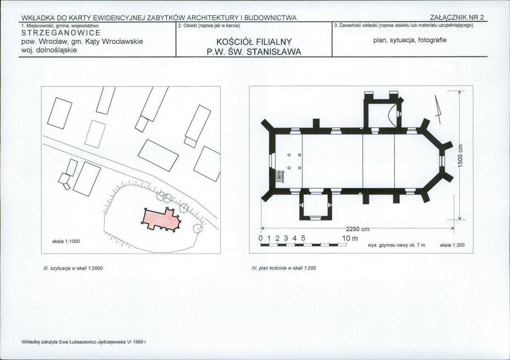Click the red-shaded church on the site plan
point(160,220)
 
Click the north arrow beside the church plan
point(438,109)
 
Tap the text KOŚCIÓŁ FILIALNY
point(254,42)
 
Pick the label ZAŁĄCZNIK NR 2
point(457,17)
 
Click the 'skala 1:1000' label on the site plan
point(66,242)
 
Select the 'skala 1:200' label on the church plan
point(452,245)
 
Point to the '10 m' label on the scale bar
point(350,238)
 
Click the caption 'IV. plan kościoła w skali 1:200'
point(284,268)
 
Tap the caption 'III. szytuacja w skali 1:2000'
point(73,268)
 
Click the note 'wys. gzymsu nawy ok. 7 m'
point(396,245)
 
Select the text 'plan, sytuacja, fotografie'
point(410,40)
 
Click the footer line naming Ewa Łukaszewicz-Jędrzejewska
point(84,342)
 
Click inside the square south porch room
point(315,206)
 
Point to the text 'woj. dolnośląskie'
point(49,50)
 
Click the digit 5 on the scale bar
point(303,238)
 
